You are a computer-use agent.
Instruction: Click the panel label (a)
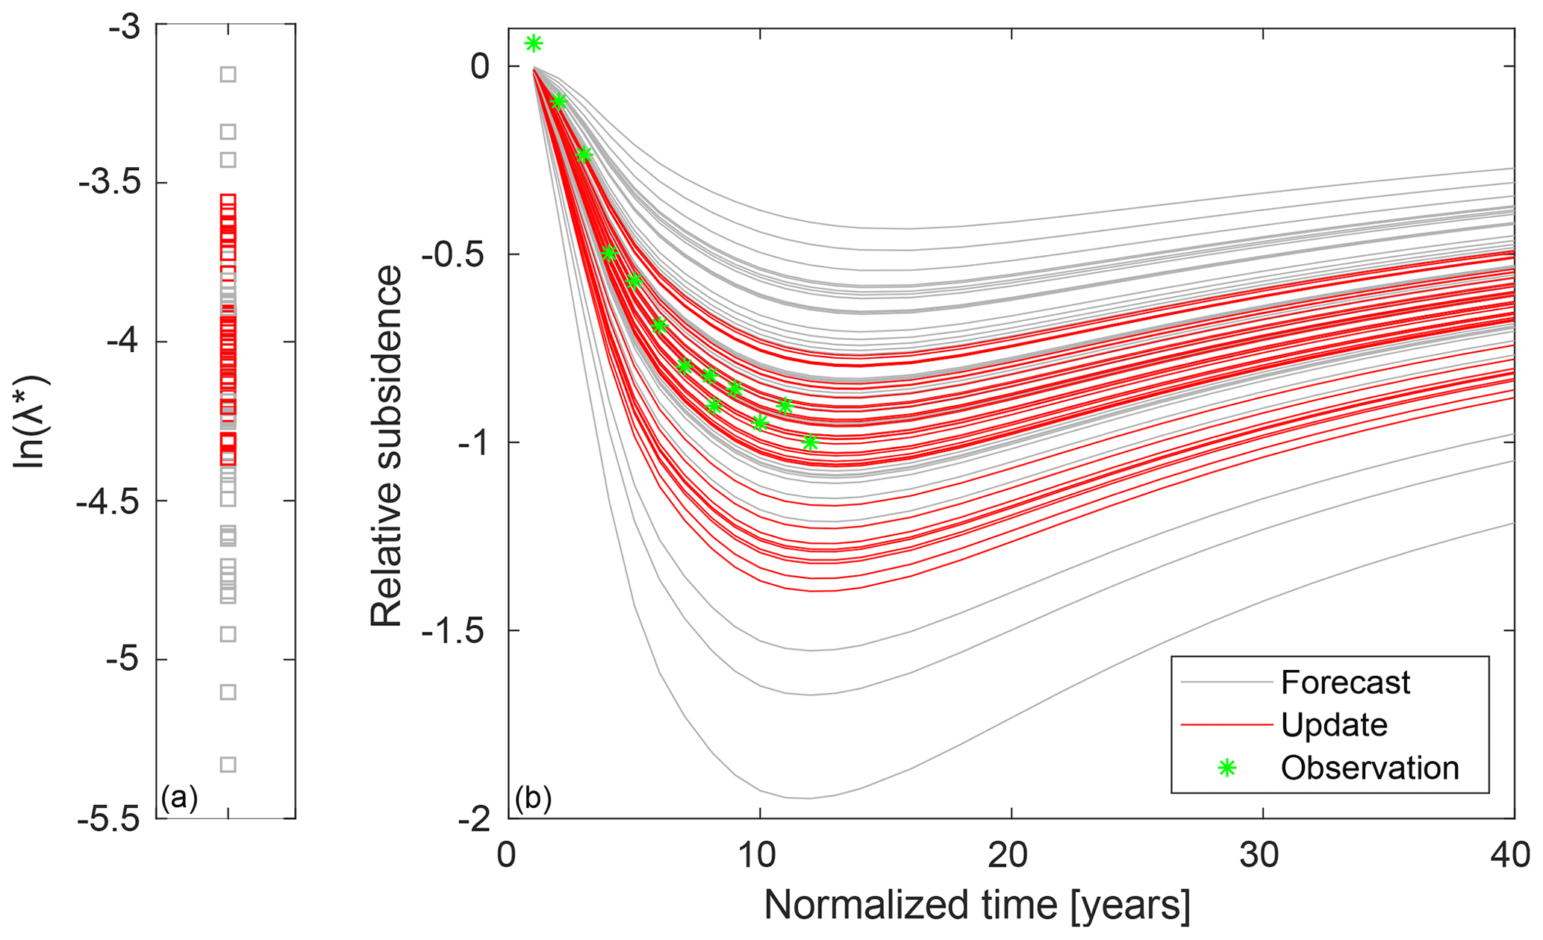coord(179,798)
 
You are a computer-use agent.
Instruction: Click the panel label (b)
coord(533,798)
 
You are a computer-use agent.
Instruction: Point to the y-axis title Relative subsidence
coord(387,446)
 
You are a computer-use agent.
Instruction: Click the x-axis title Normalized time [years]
coord(977,905)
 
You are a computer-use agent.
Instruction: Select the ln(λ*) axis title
coord(31,422)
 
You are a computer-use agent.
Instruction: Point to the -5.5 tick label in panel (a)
coord(108,818)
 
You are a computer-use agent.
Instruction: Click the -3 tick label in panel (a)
coord(124,28)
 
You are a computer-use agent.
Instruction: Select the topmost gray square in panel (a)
coord(228,74)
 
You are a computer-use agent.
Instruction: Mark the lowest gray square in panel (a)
coord(228,764)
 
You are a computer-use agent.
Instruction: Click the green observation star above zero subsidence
coord(533,43)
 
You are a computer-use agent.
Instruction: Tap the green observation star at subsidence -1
coord(810,443)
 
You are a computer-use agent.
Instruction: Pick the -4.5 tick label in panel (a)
coord(108,501)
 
